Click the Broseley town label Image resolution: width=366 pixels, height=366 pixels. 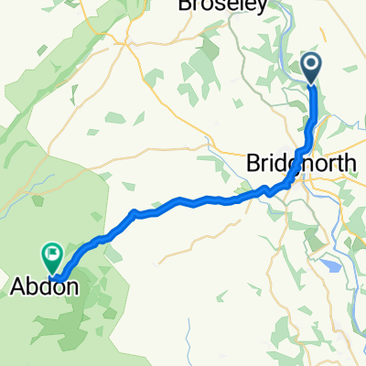[223, 6]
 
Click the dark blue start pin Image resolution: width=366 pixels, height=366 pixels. [312, 66]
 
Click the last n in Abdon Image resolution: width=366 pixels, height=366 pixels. [69, 286]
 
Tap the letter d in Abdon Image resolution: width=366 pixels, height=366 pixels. [44, 286]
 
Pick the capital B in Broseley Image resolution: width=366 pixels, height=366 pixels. [188, 6]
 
